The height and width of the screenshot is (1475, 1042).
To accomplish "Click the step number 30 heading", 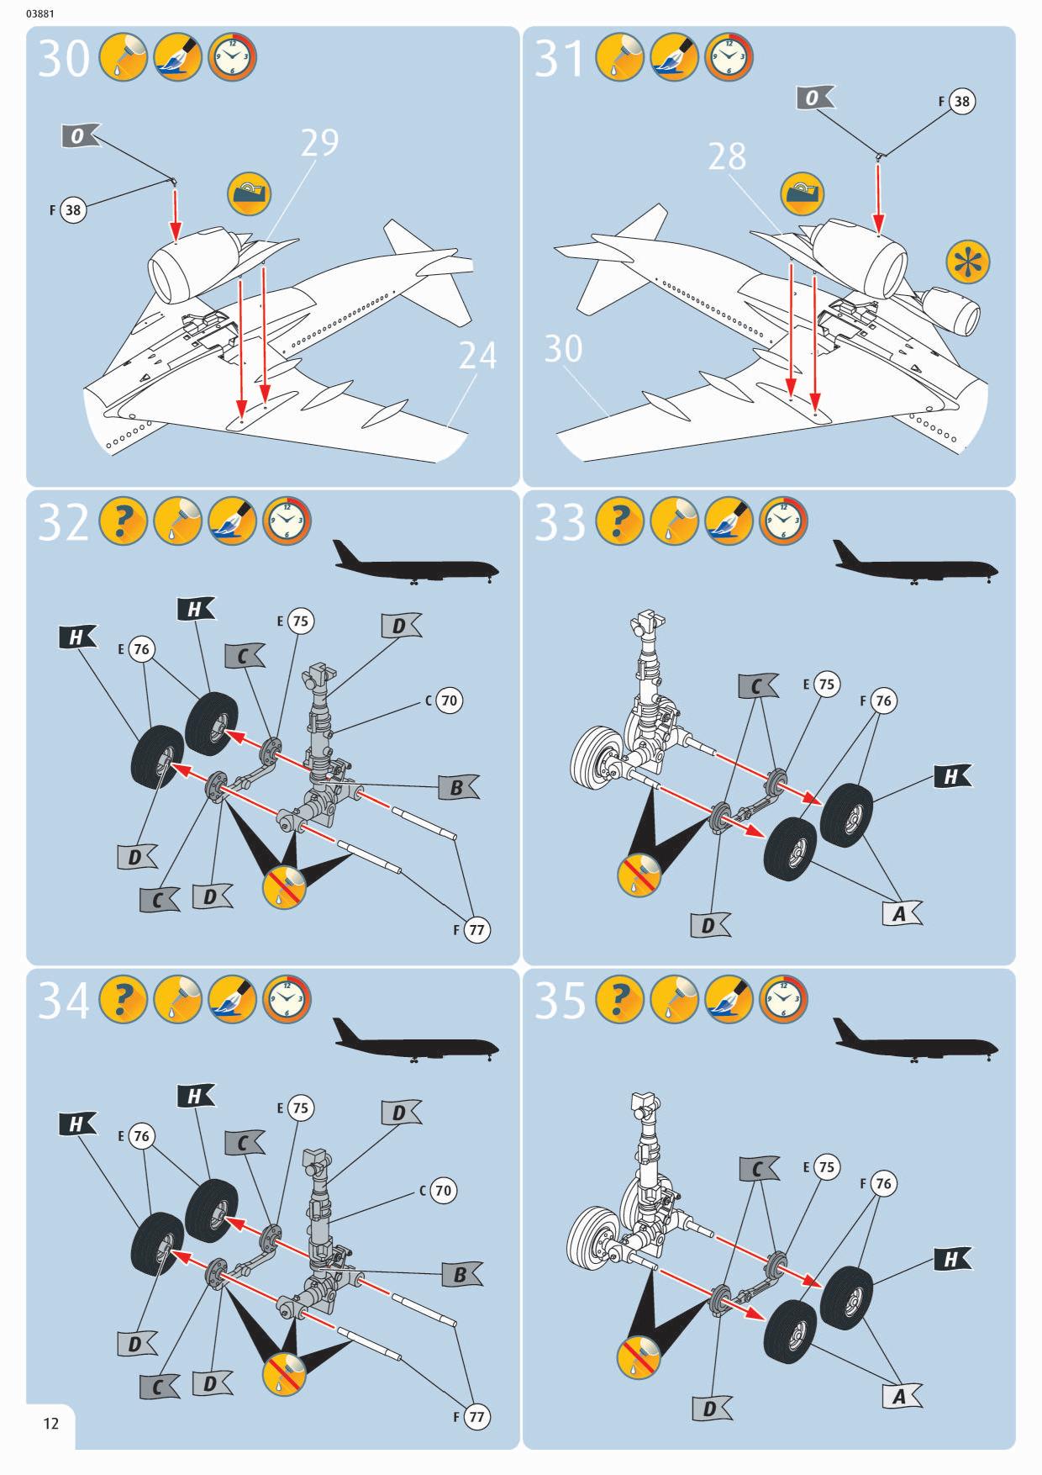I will click(x=64, y=59).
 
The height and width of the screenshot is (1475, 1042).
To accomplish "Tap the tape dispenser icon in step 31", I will click(x=801, y=194).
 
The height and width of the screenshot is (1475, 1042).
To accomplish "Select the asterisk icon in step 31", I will click(x=967, y=262).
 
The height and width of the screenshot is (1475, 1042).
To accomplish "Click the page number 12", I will click(x=51, y=1423).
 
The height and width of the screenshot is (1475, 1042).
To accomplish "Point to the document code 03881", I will click(x=42, y=13).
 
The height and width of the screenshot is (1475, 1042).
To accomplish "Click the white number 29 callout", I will click(x=320, y=144).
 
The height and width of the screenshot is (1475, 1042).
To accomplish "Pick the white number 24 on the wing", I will click(x=477, y=356).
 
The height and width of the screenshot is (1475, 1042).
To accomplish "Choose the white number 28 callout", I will click(x=727, y=156).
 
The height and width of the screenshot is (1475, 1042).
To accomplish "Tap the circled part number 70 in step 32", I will click(x=450, y=700).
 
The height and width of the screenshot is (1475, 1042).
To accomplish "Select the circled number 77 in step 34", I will click(x=476, y=1417).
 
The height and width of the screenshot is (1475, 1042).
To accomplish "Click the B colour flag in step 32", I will click(x=458, y=788).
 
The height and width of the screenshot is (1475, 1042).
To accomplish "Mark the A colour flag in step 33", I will click(x=901, y=913).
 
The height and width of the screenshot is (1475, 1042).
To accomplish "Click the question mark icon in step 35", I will click(x=619, y=1000).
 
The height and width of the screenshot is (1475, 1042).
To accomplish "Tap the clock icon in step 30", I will click(x=233, y=58).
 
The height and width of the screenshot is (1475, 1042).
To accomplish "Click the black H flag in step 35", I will click(x=952, y=1259).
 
